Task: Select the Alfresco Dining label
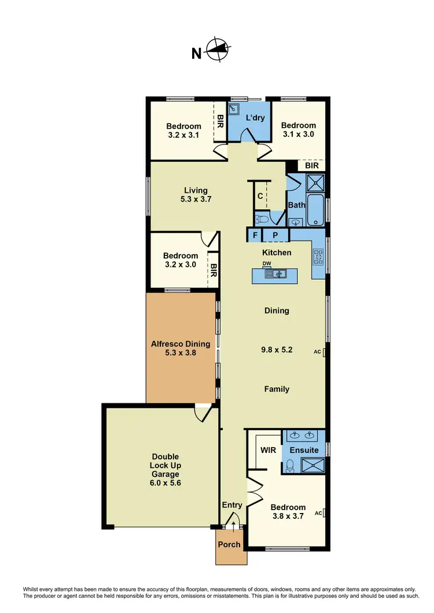tap(181, 348)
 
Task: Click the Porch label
tap(229, 544)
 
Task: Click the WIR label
tap(268, 449)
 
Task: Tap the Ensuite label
tap(304, 450)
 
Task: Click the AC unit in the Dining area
tap(325, 351)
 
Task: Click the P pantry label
tap(275, 235)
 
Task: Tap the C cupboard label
tap(260, 196)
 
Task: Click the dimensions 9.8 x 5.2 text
tap(277, 350)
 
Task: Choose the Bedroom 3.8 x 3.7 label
tap(288, 512)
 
